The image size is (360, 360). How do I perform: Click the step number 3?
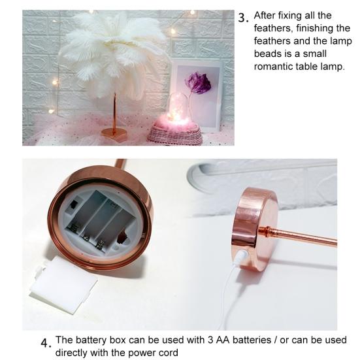242,18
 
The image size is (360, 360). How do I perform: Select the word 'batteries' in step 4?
250,340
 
